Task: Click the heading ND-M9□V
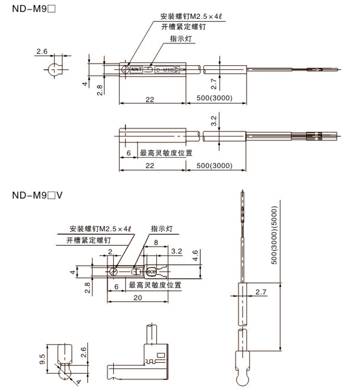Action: [x=37, y=195]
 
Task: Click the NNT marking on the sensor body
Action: [x=136, y=70]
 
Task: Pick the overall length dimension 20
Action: [x=137, y=297]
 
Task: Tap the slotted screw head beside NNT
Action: [x=125, y=70]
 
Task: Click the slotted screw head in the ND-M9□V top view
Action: [x=113, y=271]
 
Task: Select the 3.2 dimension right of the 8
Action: [x=177, y=251]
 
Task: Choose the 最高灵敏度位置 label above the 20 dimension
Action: [x=155, y=285]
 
